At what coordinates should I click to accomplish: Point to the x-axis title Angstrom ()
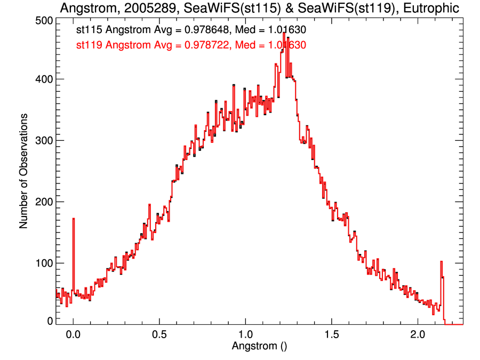(x=259, y=346)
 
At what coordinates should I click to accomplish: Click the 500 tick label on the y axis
(x=42, y=20)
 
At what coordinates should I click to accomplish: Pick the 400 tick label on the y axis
(x=42, y=79)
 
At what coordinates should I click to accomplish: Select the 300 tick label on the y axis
(x=42, y=141)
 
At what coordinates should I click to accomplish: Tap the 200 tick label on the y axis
(x=42, y=202)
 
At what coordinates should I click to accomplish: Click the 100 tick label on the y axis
(x=42, y=263)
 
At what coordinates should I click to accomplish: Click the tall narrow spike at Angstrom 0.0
(x=73, y=224)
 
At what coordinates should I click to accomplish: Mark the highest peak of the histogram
(x=284, y=34)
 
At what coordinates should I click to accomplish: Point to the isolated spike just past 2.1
(x=442, y=263)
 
